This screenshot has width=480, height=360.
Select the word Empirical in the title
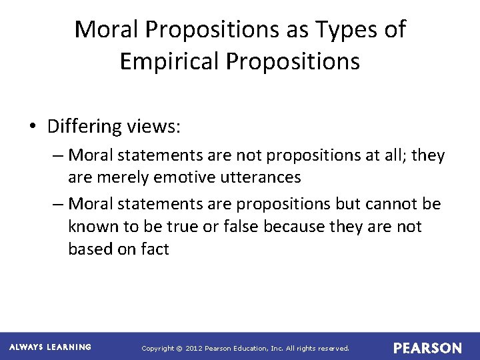(169, 61)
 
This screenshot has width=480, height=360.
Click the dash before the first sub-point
(58, 155)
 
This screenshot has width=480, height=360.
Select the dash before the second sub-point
(58, 203)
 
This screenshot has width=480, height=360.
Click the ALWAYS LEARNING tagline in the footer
(51, 347)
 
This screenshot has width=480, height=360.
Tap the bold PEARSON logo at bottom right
(427, 348)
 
